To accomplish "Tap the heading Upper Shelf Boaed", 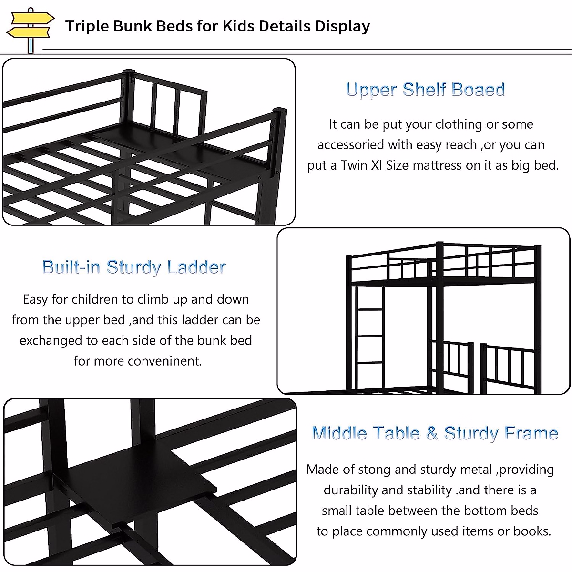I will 425,90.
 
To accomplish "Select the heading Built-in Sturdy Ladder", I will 134,267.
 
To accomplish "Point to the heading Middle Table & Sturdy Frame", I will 434,433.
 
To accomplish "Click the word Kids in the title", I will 239,26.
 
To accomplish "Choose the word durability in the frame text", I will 353,490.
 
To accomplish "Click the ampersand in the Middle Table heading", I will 432,433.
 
